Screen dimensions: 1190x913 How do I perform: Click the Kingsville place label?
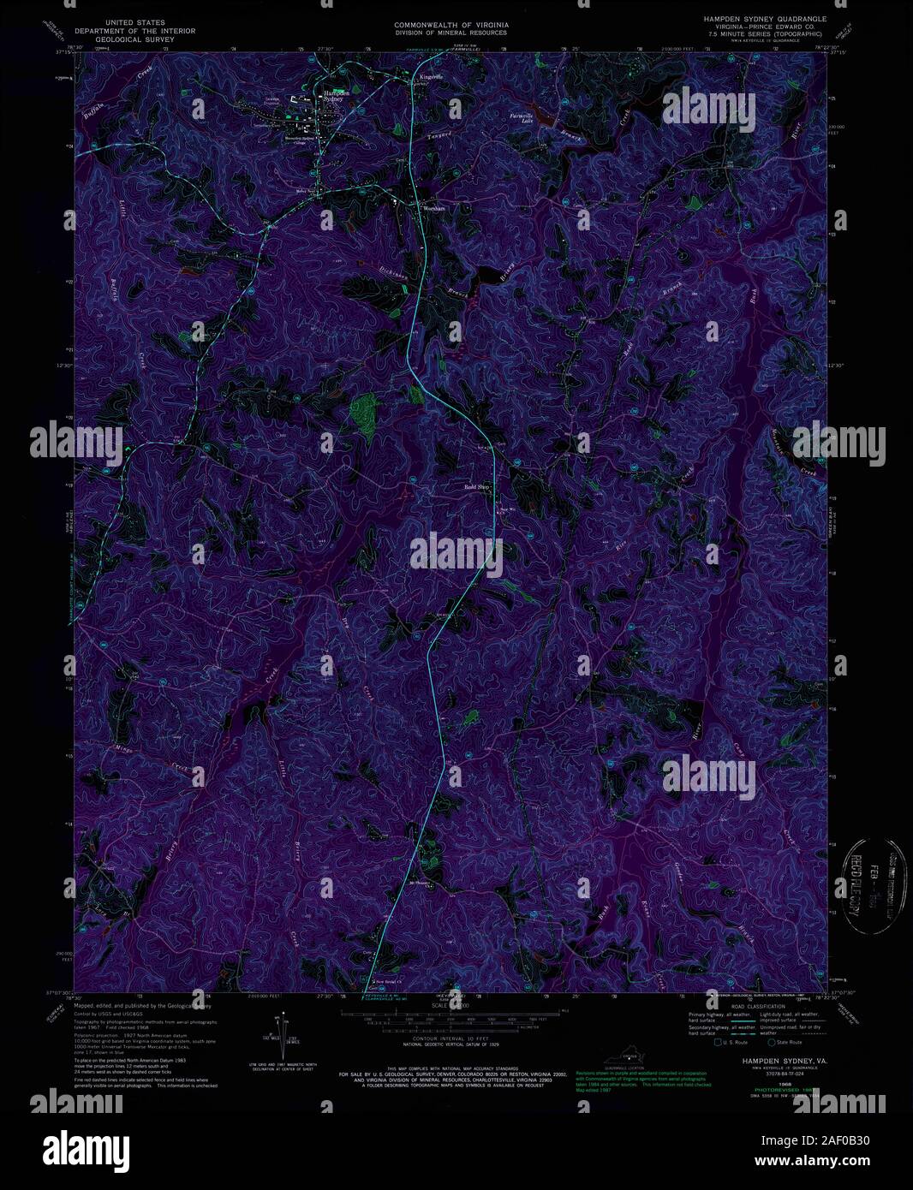[432, 77]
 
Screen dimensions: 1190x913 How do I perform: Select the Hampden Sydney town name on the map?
[335, 95]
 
